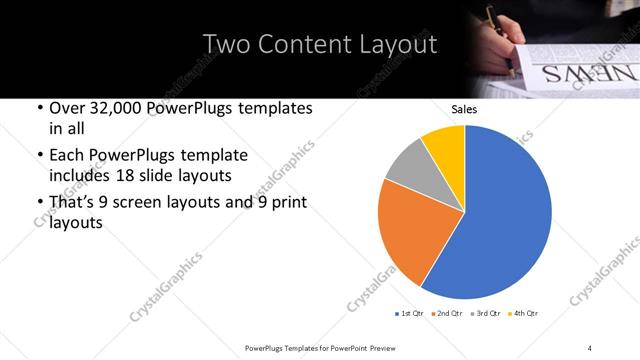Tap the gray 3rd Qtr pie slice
point(407,169)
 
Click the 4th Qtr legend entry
point(525,314)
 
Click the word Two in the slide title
point(226,45)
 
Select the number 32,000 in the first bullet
point(120,108)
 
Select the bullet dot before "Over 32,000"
point(39,108)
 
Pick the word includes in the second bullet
point(76,176)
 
